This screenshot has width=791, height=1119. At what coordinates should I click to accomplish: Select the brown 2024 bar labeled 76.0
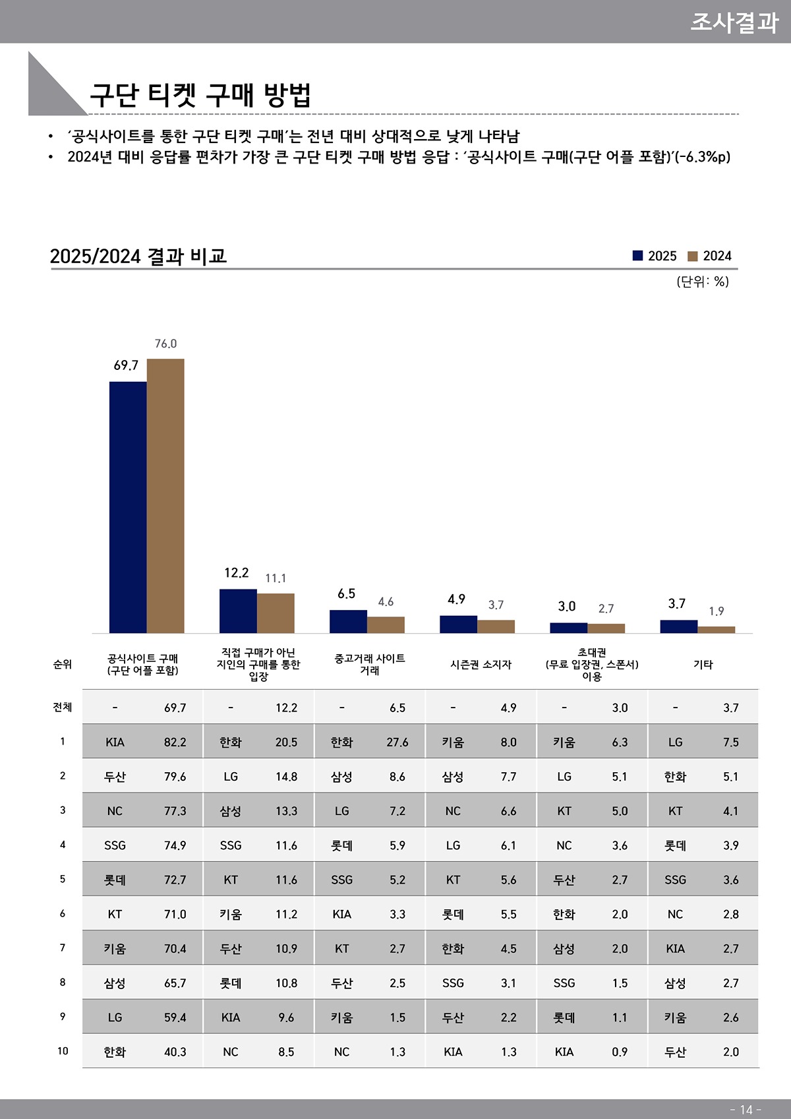coord(165,496)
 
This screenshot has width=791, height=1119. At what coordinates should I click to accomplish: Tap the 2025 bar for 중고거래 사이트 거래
coord(348,622)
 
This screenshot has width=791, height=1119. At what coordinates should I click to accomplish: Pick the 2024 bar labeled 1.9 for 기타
coord(716,630)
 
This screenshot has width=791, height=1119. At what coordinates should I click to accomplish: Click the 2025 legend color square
coord(637,256)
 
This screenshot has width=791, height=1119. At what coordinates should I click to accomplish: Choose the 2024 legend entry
coord(710,256)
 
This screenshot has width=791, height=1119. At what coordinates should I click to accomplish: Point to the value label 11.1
coord(276,578)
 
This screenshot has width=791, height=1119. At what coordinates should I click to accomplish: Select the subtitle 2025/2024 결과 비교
coord(138,256)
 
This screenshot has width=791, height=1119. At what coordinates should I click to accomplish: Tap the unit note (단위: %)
coord(703,282)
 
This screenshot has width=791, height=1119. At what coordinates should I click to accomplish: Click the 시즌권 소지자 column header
coord(481,665)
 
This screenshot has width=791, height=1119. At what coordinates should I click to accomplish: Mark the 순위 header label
coord(63,665)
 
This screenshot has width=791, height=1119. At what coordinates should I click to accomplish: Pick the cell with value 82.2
coord(175,742)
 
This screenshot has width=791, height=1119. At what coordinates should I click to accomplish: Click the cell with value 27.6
coord(397,742)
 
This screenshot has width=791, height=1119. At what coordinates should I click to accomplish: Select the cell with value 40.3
coord(175,1052)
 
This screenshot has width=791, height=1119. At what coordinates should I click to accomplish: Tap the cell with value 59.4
coord(175,1017)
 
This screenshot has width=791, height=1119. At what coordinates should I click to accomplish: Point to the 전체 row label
coord(63,708)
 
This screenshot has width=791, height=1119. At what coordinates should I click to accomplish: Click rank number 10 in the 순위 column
coord(63,1051)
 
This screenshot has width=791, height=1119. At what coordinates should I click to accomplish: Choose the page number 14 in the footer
coord(746,1110)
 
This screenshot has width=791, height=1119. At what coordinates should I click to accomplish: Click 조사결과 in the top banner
coord(734,22)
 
